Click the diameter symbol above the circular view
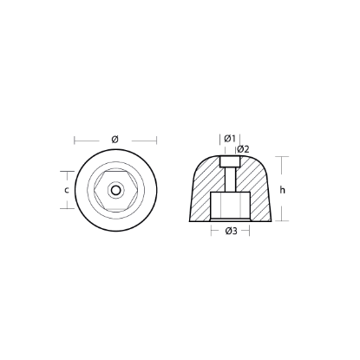pyautogui.click(x=115, y=138)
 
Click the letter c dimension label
pyautogui.click(x=67, y=189)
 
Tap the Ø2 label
pyautogui.click(x=243, y=148)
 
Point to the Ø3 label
pyautogui.click(x=231, y=231)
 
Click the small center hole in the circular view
pyautogui.click(x=115, y=189)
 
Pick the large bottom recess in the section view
pyautogui.click(x=231, y=209)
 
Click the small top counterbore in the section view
pyautogui.click(x=231, y=161)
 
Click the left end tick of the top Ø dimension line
pyautogui.click(x=75, y=138)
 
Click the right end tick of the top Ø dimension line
pyautogui.click(x=157, y=138)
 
